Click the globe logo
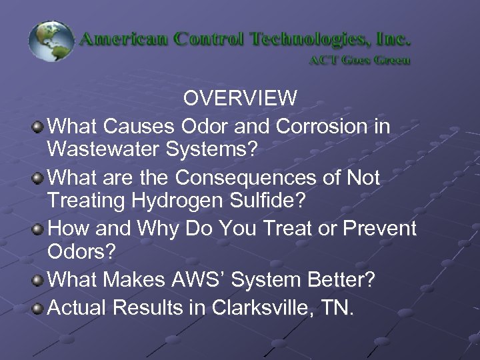tap(51, 42)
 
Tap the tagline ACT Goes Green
tap(359, 59)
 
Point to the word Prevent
tap(377, 229)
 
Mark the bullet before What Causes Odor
tap(39, 125)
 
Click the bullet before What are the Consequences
tap(39, 177)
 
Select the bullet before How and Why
tap(39, 229)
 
